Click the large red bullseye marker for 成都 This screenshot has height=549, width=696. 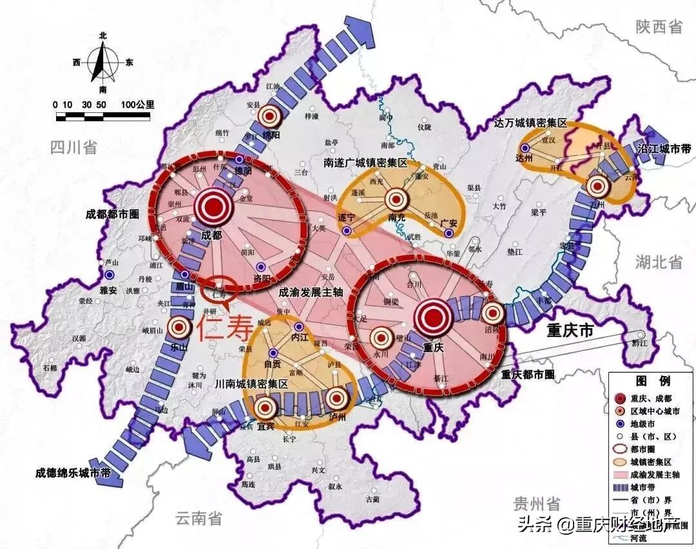click(x=213, y=207)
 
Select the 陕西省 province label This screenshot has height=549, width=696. click(x=658, y=26)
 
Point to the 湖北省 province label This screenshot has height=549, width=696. click(x=658, y=261)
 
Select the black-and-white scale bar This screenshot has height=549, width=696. click(x=103, y=117)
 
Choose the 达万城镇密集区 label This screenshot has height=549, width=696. click(x=530, y=123)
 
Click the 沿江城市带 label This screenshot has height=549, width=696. click(x=664, y=149)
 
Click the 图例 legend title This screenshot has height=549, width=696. click(x=645, y=380)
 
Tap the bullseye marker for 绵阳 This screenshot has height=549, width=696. click(x=269, y=117)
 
